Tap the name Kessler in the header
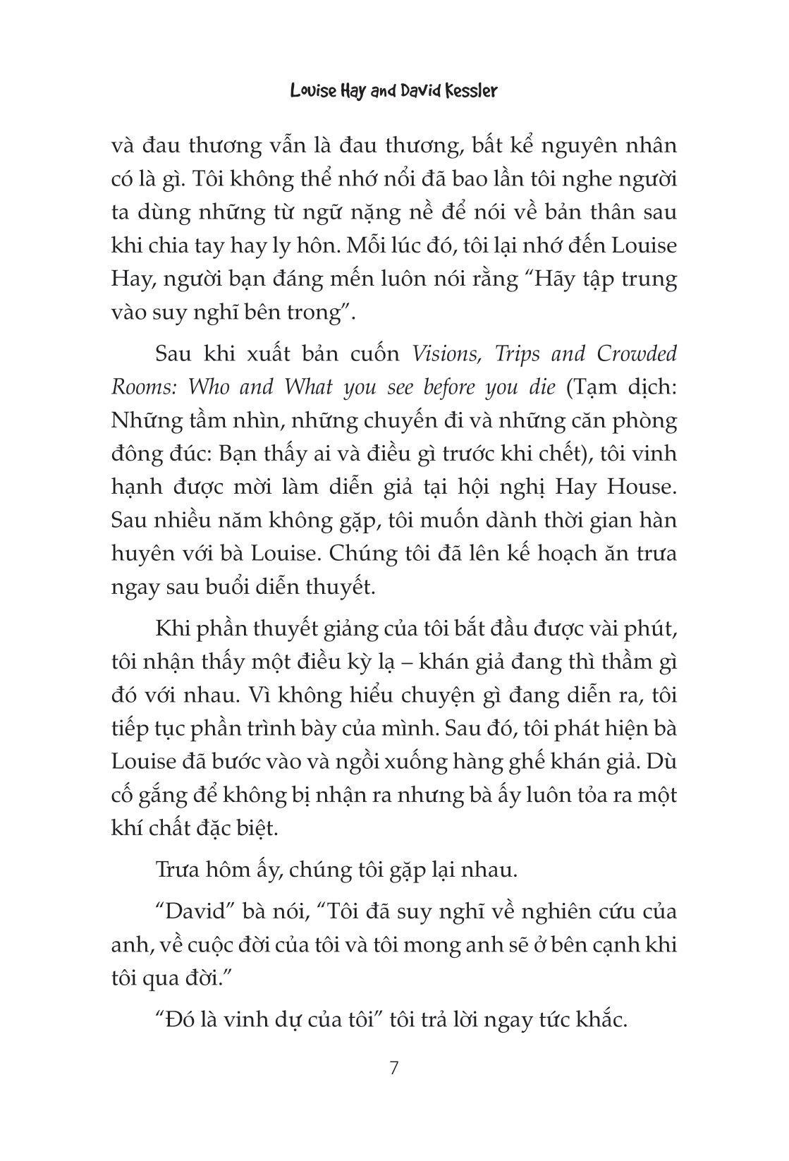click(466, 92)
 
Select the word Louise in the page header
click(315, 92)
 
